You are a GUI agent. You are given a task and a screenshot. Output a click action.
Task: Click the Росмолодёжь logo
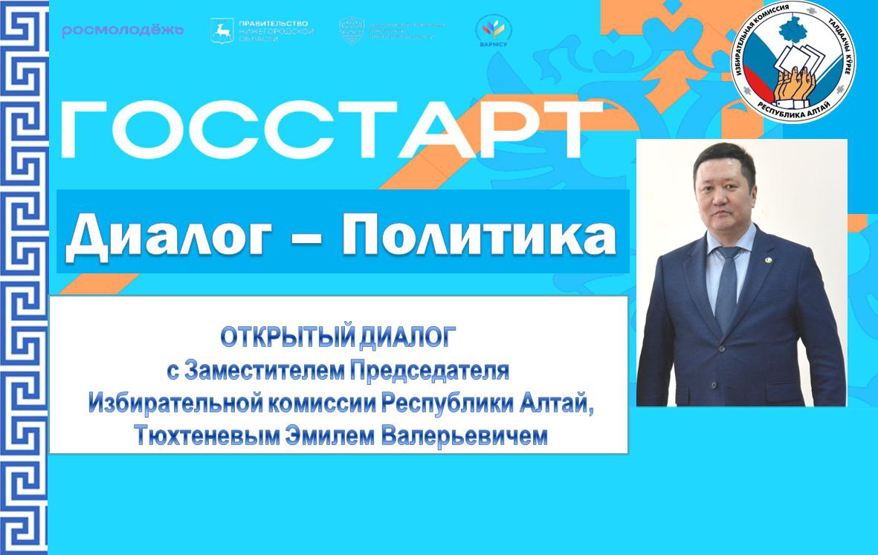coord(123,30)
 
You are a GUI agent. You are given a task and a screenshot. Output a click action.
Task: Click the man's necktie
coord(726,290)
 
